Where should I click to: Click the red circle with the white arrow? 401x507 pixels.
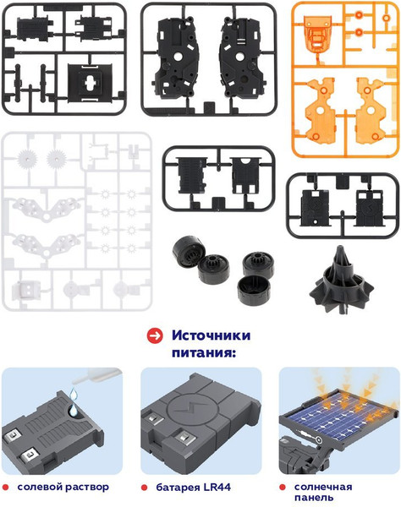click(155, 336)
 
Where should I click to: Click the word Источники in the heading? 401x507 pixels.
click(211, 335)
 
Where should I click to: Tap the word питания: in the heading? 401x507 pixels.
click(204, 352)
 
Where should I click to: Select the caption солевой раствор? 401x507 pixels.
click(63, 487)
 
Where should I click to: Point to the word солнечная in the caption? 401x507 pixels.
click(323, 487)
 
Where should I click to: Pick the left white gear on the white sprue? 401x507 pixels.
click(28, 159)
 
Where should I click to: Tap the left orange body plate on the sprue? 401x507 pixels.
click(321, 110)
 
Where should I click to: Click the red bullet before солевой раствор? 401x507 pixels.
click(6, 488)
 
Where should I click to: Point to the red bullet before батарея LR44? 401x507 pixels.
click(144, 488)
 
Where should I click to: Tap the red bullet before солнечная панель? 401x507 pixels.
click(283, 487)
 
